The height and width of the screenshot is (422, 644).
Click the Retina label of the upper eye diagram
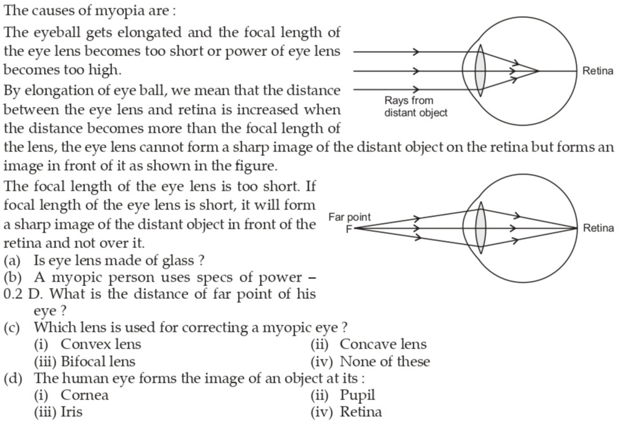pyautogui.click(x=598, y=71)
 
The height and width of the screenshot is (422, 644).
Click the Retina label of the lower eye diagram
pyautogui.click(x=598, y=228)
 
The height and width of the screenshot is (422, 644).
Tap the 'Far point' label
pyautogui.click(x=349, y=217)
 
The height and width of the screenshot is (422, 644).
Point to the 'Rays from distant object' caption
pyautogui.click(x=416, y=107)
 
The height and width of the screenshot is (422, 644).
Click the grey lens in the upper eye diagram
pyautogui.click(x=480, y=71)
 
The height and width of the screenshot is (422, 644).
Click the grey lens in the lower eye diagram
pyautogui.click(x=480, y=228)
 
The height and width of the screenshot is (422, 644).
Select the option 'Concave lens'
pyautogui.click(x=383, y=344)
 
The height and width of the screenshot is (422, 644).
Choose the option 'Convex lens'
pyautogui.click(x=101, y=344)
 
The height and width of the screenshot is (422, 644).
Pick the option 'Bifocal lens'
pyautogui.click(x=98, y=361)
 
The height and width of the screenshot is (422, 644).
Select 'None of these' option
pyautogui.click(x=385, y=361)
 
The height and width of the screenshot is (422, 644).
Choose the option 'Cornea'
pyautogui.click(x=84, y=395)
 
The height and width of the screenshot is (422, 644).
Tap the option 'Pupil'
pyautogui.click(x=357, y=396)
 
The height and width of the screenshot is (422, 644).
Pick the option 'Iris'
pyautogui.click(x=72, y=412)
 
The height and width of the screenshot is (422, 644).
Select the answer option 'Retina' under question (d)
pyautogui.click(x=361, y=412)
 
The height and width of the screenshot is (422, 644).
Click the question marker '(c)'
pyautogui.click(x=12, y=327)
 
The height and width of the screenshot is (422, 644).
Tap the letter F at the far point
pyautogui.click(x=349, y=229)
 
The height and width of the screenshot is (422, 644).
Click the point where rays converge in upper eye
pyautogui.click(x=538, y=71)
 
